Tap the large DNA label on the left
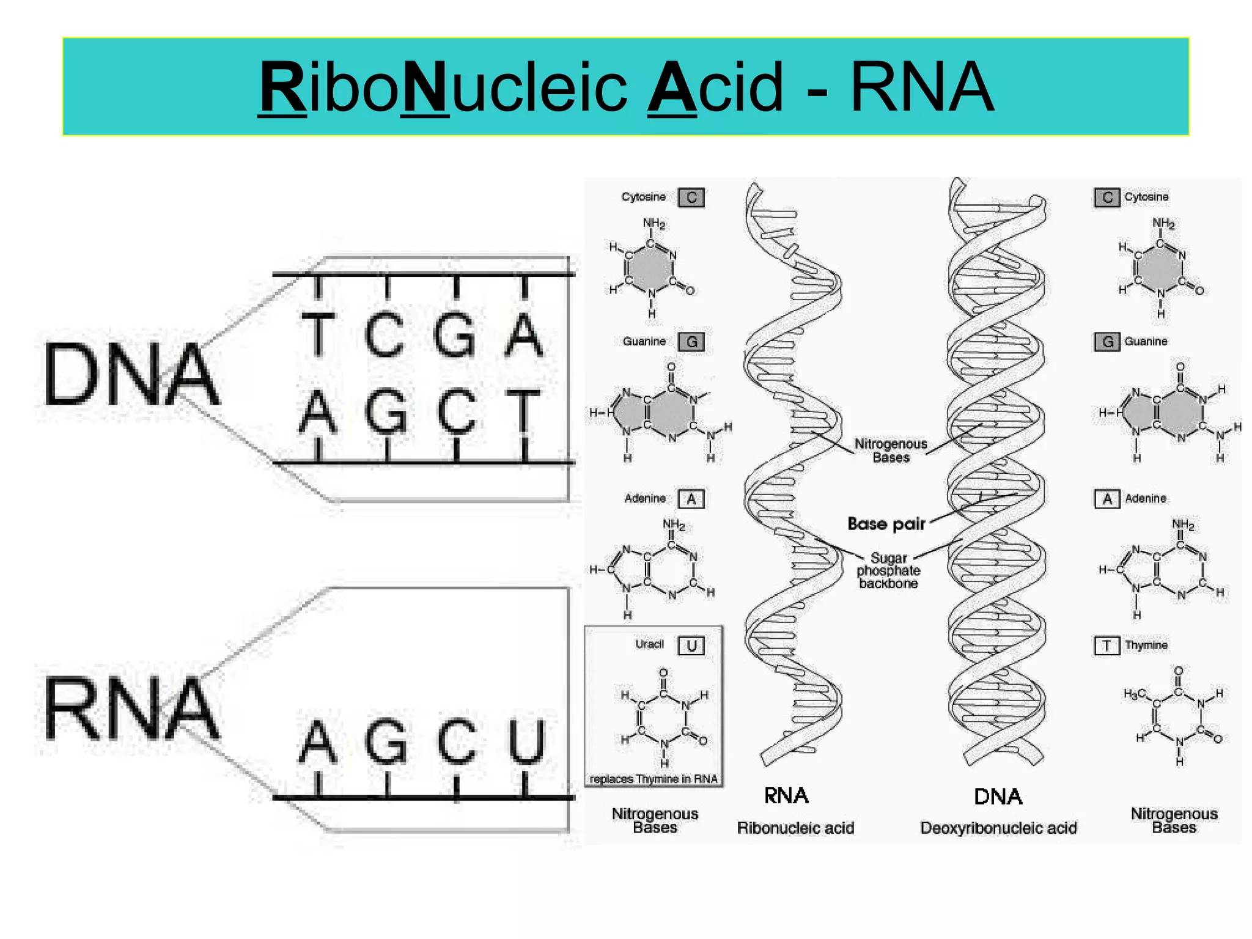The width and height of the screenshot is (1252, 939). point(131,374)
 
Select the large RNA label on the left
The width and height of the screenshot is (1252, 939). point(131,709)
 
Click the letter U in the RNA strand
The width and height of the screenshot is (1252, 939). point(526,742)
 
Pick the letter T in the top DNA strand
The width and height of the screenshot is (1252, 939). point(318,334)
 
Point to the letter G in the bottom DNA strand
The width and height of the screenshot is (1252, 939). point(386,411)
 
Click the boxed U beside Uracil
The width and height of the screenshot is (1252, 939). point(691,646)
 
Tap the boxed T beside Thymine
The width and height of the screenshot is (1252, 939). point(1107,646)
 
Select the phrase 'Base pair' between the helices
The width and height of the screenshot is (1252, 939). point(886,524)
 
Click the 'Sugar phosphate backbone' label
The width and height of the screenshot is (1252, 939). point(888,570)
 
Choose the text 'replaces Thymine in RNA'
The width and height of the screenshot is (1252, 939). point(653,779)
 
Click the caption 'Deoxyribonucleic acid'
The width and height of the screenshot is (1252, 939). point(998,828)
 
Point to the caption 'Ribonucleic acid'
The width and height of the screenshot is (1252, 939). point(795,828)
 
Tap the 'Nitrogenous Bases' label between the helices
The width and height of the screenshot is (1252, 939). point(891,451)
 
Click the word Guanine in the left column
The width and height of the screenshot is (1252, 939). point(644,341)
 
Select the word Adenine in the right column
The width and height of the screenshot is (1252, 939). point(1145,498)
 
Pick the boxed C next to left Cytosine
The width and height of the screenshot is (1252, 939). point(691,197)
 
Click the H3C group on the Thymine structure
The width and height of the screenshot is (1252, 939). point(1134,694)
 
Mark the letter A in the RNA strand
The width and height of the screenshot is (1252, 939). point(318,742)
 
